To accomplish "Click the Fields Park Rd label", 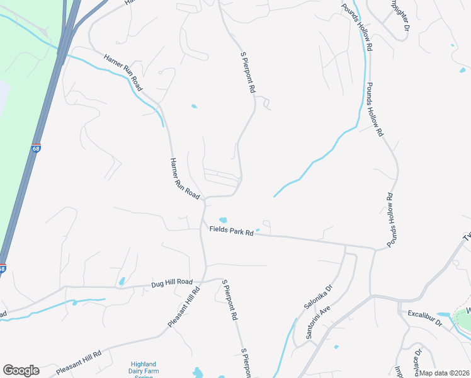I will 232,231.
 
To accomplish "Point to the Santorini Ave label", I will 318,323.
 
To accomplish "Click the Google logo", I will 21,370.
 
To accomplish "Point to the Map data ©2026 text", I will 445,373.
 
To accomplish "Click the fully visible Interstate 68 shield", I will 36,149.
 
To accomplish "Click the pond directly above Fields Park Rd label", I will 222,219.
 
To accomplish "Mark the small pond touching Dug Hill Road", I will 122,281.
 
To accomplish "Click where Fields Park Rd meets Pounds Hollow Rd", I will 375,249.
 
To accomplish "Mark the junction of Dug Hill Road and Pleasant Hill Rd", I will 203,281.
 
